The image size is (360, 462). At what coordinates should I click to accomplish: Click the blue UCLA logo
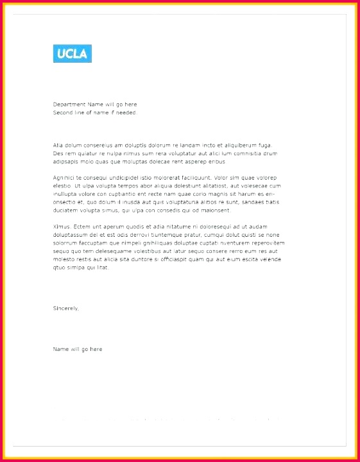coord(72,53)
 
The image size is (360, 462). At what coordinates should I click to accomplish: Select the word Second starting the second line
coord(63,112)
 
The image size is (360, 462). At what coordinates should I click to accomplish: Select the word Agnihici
coord(64,177)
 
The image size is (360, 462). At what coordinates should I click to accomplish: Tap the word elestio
coord(62,185)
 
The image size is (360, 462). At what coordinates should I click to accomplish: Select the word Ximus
coord(62,227)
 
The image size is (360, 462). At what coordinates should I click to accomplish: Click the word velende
coord(270,259)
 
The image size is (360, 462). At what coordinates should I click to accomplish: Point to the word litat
coord(102,267)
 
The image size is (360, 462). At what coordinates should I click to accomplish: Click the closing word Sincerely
coord(66,309)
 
